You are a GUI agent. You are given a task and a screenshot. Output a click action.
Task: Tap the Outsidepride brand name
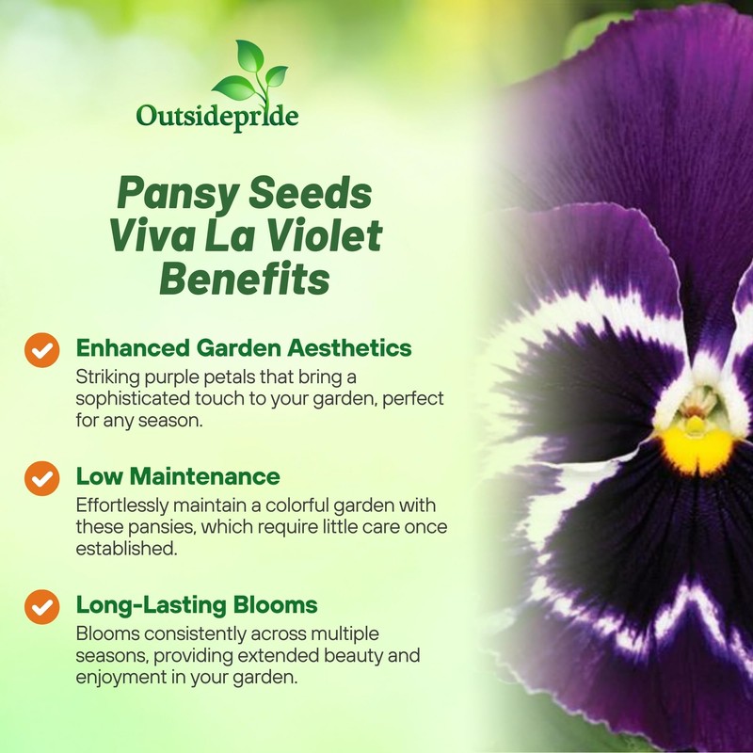(x=217, y=116)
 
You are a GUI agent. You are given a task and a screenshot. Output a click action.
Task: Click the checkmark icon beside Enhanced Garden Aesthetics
(x=40, y=351)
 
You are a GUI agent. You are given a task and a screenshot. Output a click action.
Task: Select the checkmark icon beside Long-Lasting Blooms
(x=40, y=606)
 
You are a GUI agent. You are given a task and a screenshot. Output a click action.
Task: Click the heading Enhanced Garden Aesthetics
(x=244, y=348)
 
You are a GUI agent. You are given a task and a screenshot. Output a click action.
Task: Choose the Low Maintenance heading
(x=178, y=476)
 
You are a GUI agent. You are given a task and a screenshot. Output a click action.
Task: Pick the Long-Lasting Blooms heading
(x=197, y=603)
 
